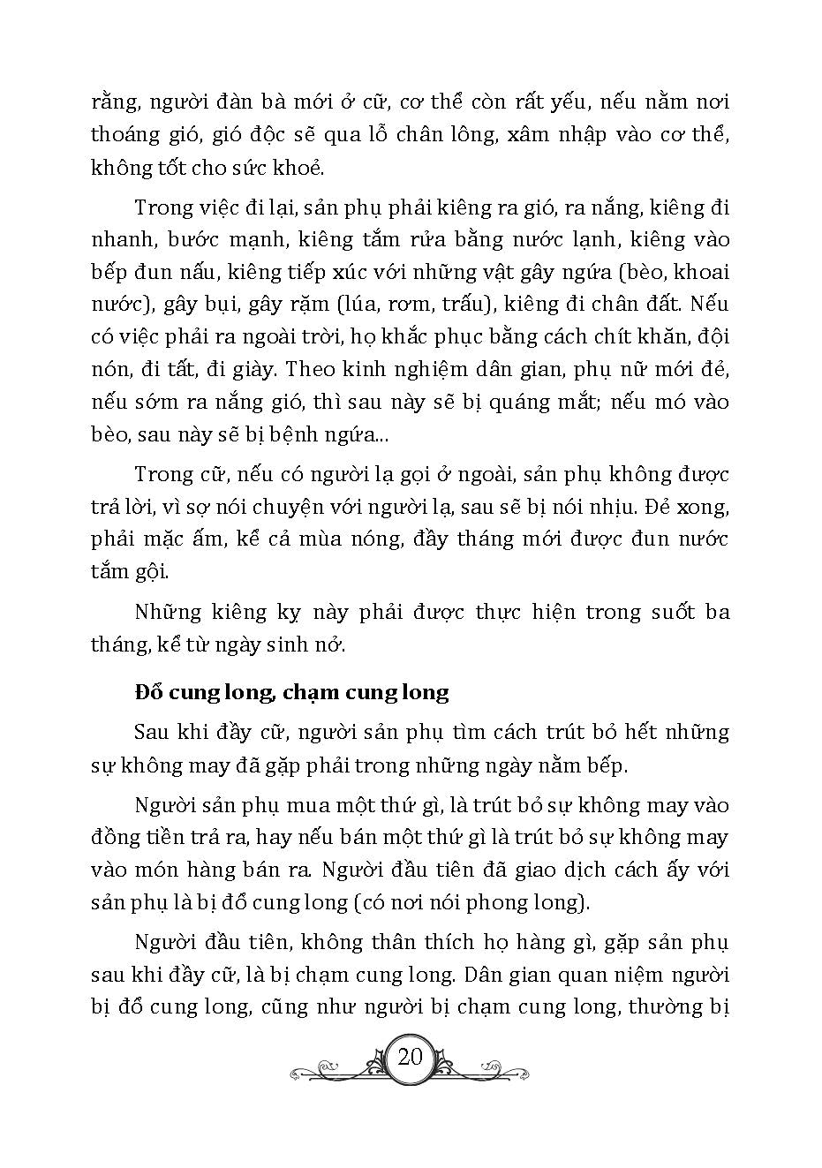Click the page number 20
pyautogui.click(x=411, y=1056)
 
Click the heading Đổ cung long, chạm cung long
pyautogui.click(x=292, y=692)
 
